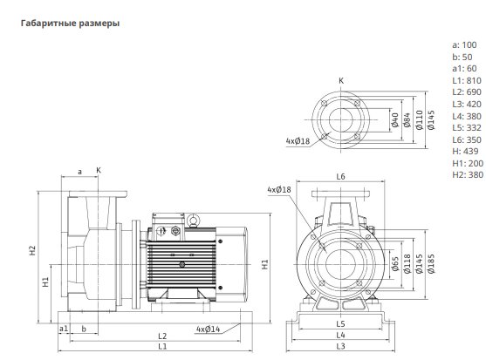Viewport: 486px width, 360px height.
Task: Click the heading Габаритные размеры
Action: point(70,24)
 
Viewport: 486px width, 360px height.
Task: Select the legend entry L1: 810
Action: point(467,80)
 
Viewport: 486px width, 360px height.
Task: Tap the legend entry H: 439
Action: point(465,152)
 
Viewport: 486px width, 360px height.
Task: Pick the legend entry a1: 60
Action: point(464,68)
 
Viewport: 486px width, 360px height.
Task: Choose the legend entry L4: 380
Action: point(467,116)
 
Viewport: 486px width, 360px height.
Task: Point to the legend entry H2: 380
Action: point(468,175)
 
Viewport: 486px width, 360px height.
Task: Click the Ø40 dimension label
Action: point(394,119)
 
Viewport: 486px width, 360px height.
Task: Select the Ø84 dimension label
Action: point(407,119)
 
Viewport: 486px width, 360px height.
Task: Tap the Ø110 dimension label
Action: point(419,119)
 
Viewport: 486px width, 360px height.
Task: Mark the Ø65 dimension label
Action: point(395,264)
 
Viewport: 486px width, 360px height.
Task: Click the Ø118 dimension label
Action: point(407,264)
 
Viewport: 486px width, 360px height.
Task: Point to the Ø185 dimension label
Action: point(431,264)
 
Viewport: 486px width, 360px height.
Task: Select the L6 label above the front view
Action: point(340,176)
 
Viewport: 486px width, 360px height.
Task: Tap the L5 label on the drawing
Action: point(340,323)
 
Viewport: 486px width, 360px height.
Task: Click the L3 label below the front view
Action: point(340,346)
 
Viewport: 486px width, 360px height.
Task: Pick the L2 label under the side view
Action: point(162,336)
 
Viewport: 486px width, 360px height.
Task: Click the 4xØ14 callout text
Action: point(208,329)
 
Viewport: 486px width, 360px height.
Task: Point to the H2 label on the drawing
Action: point(32,250)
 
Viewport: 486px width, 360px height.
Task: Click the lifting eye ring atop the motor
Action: point(194,220)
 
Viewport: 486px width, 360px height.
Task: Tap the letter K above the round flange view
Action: point(341,81)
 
